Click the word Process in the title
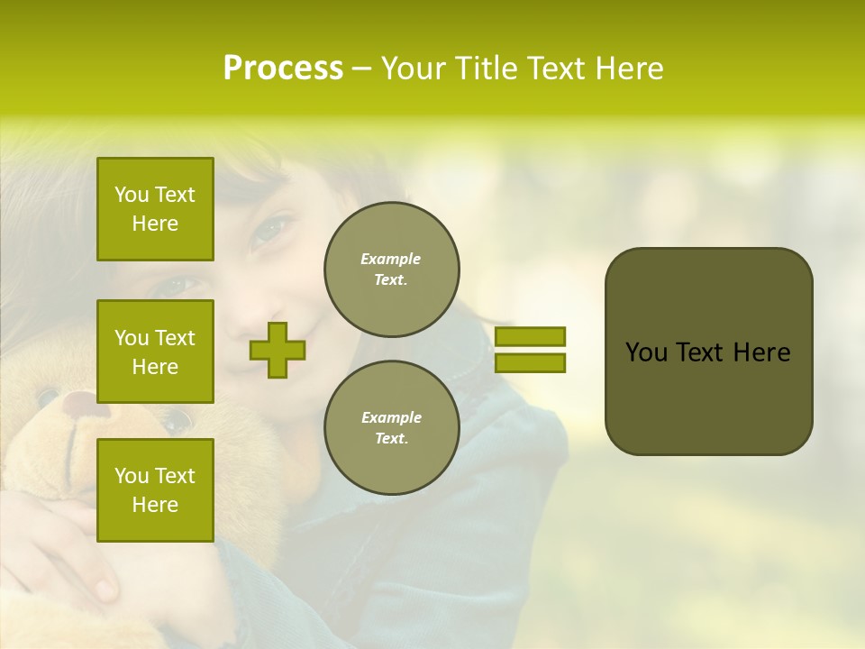(x=283, y=69)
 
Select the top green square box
(x=155, y=209)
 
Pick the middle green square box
(x=155, y=352)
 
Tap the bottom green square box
(x=155, y=490)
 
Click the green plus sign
(x=277, y=350)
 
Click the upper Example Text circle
(x=391, y=270)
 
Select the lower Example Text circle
(x=391, y=428)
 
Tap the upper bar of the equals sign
(x=530, y=336)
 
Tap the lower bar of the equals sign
(x=530, y=362)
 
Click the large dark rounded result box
(x=708, y=352)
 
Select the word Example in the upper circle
(x=391, y=259)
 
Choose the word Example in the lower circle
(x=391, y=417)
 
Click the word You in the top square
(x=132, y=195)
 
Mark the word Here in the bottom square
(x=155, y=505)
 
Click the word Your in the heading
(x=413, y=69)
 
